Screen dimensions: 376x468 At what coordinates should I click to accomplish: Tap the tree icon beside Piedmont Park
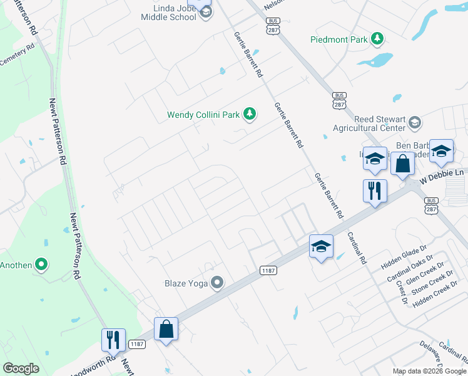(377, 39)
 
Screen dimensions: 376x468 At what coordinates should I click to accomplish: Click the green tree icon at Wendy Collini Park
(250, 113)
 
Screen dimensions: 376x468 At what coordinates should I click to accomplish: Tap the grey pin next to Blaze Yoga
(217, 283)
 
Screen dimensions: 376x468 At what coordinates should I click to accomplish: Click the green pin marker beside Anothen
(42, 265)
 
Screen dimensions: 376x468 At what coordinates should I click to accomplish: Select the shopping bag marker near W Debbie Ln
(402, 164)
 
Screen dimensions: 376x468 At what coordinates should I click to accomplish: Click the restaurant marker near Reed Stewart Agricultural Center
(375, 191)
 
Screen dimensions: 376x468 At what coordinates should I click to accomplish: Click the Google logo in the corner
(21, 368)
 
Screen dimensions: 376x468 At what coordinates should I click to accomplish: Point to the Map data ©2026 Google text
(429, 371)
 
